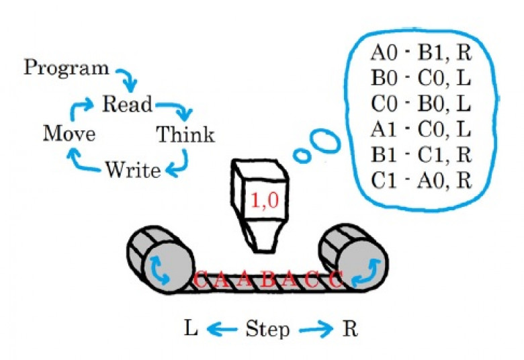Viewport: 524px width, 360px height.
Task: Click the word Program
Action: point(66,68)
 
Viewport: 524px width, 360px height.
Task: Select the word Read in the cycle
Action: point(127,105)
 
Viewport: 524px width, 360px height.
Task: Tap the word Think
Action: point(185,134)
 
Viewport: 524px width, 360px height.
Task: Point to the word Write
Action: point(132,170)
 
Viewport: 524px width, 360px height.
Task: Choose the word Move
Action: point(69,134)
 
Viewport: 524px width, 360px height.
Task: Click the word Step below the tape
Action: point(267,330)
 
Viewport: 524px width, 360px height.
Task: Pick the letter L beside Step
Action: point(191,329)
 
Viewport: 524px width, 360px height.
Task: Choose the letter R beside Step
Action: point(350,329)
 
